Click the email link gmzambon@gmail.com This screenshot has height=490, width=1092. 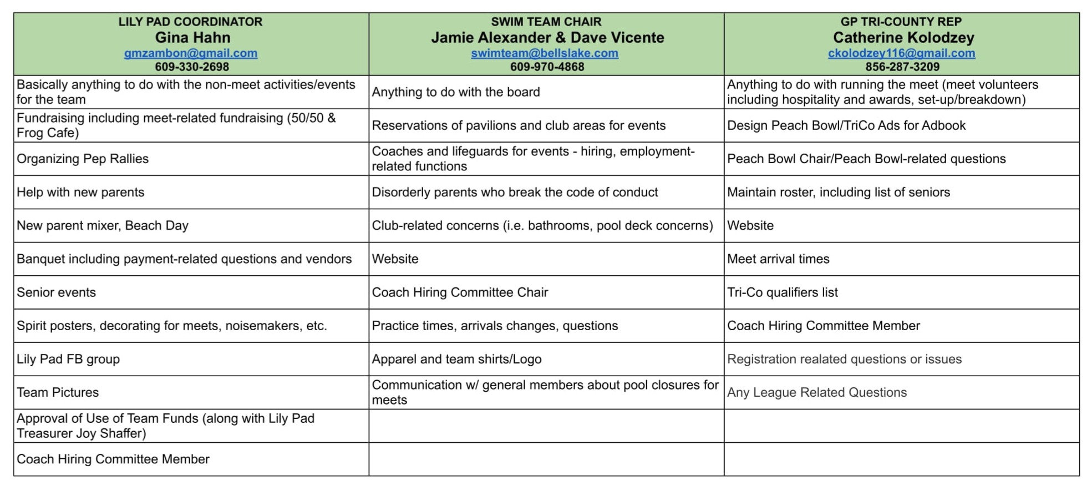coord(190,53)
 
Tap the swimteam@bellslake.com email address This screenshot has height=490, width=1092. coord(544,53)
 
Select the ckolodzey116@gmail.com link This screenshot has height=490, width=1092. coord(901,53)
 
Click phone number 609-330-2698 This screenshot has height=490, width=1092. coord(191,67)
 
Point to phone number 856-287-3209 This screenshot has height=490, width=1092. coord(902,67)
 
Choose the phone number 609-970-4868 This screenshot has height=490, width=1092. coord(547,67)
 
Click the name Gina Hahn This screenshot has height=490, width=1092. coord(192,38)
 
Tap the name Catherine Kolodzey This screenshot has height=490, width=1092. coord(903,38)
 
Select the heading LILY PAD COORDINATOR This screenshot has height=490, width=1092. coord(190,22)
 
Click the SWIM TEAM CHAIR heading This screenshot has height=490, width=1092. coord(546,22)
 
